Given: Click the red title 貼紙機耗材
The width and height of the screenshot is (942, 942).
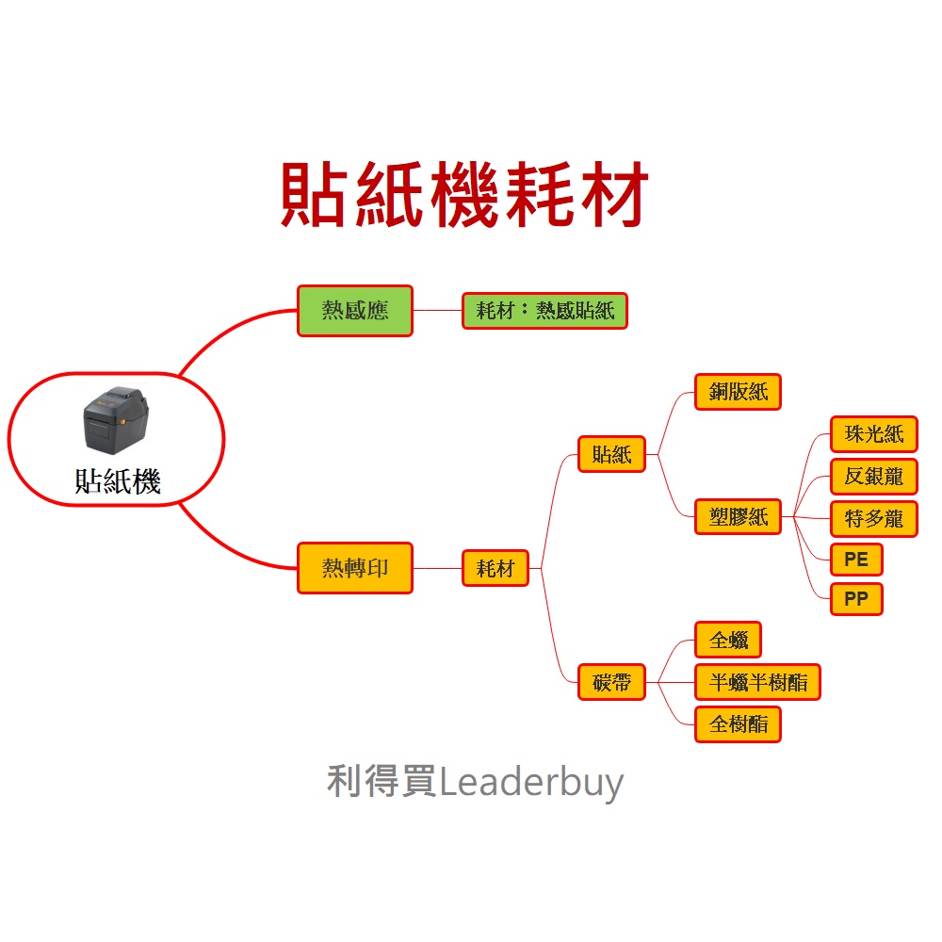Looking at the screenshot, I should (465, 196).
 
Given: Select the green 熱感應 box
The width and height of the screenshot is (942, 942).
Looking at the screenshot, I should (355, 311).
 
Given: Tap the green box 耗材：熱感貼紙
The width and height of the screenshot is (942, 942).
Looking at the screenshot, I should (544, 311).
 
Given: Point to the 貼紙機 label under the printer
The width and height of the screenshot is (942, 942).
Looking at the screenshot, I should (118, 482).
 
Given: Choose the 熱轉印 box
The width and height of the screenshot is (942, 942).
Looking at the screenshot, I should (355, 568).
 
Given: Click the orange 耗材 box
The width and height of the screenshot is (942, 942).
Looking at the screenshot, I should (495, 568).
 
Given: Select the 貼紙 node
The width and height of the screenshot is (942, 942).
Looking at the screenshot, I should (612, 454).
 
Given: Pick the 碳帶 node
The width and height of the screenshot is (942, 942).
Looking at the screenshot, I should (612, 681).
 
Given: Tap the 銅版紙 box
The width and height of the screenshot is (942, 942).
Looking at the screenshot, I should (738, 392).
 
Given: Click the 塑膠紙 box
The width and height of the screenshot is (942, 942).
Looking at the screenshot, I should (738, 516).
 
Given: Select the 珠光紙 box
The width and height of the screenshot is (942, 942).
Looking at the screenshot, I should (873, 434).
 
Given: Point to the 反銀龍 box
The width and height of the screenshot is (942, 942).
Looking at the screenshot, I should (873, 477).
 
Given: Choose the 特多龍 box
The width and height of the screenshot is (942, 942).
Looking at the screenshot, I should (873, 518).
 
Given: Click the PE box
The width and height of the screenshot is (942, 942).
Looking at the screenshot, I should (856, 560).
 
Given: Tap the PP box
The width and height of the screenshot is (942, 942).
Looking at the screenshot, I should (856, 599).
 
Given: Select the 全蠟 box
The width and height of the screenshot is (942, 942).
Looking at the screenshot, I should (728, 641).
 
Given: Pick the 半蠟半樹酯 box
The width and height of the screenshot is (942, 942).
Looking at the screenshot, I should (757, 682).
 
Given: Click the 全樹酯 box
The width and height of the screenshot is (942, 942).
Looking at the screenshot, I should (738, 723).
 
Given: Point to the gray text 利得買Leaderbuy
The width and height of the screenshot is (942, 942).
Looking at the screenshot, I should (475, 782).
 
